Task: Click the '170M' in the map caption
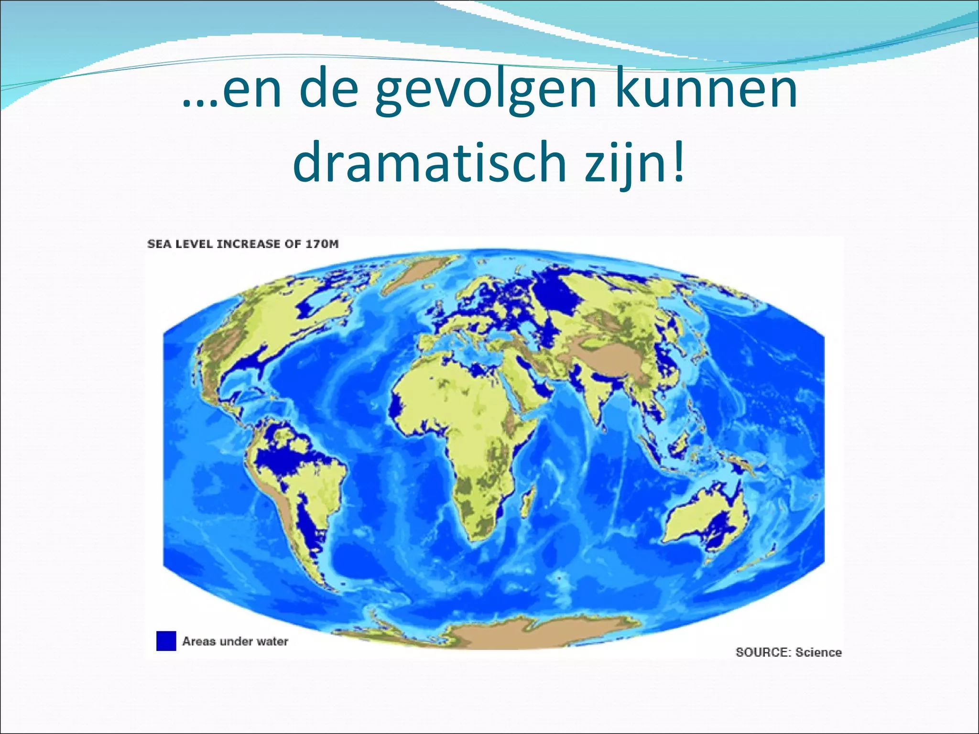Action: (321, 244)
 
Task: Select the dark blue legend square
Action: (166, 641)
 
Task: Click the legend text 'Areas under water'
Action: (235, 641)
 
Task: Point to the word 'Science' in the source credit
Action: (818, 652)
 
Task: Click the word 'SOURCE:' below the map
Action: (763, 652)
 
